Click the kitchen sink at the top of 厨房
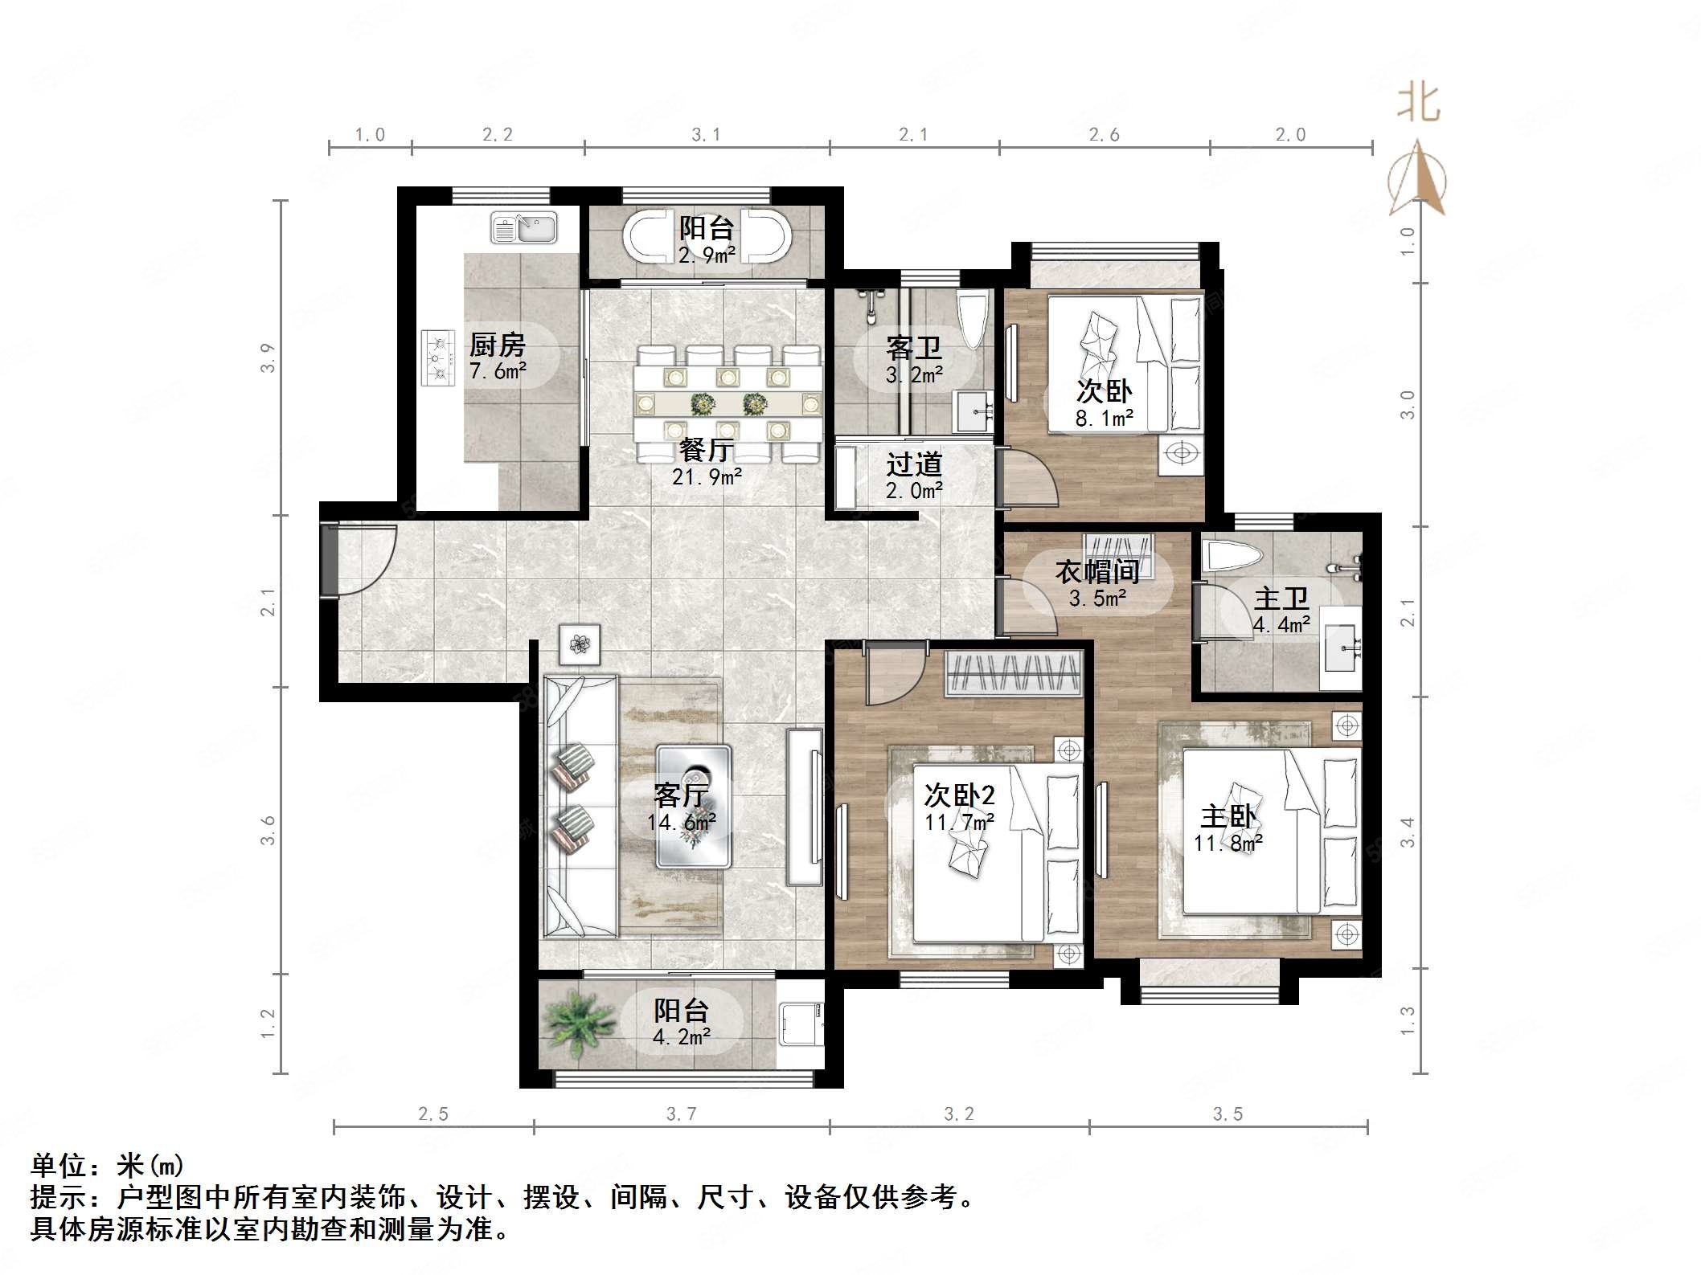524,228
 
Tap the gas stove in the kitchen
437,358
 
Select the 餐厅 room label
705,450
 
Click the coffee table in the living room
693,806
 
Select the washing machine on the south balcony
801,1023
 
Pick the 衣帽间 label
1097,572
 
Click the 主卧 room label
1228,817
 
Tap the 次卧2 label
959,795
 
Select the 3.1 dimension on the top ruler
706,135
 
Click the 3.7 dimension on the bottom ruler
681,1114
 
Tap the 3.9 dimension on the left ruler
268,358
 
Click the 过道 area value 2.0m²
914,490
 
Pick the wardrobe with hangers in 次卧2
1014,672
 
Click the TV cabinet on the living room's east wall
805,806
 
